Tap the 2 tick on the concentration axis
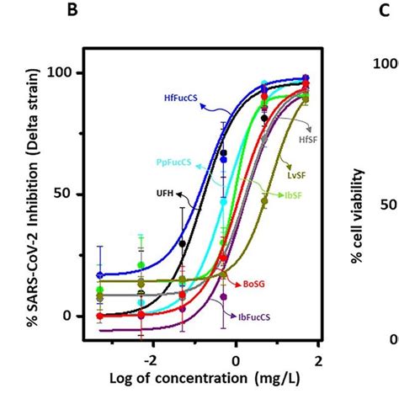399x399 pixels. tap(318, 360)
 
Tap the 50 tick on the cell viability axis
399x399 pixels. tap(387, 205)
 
